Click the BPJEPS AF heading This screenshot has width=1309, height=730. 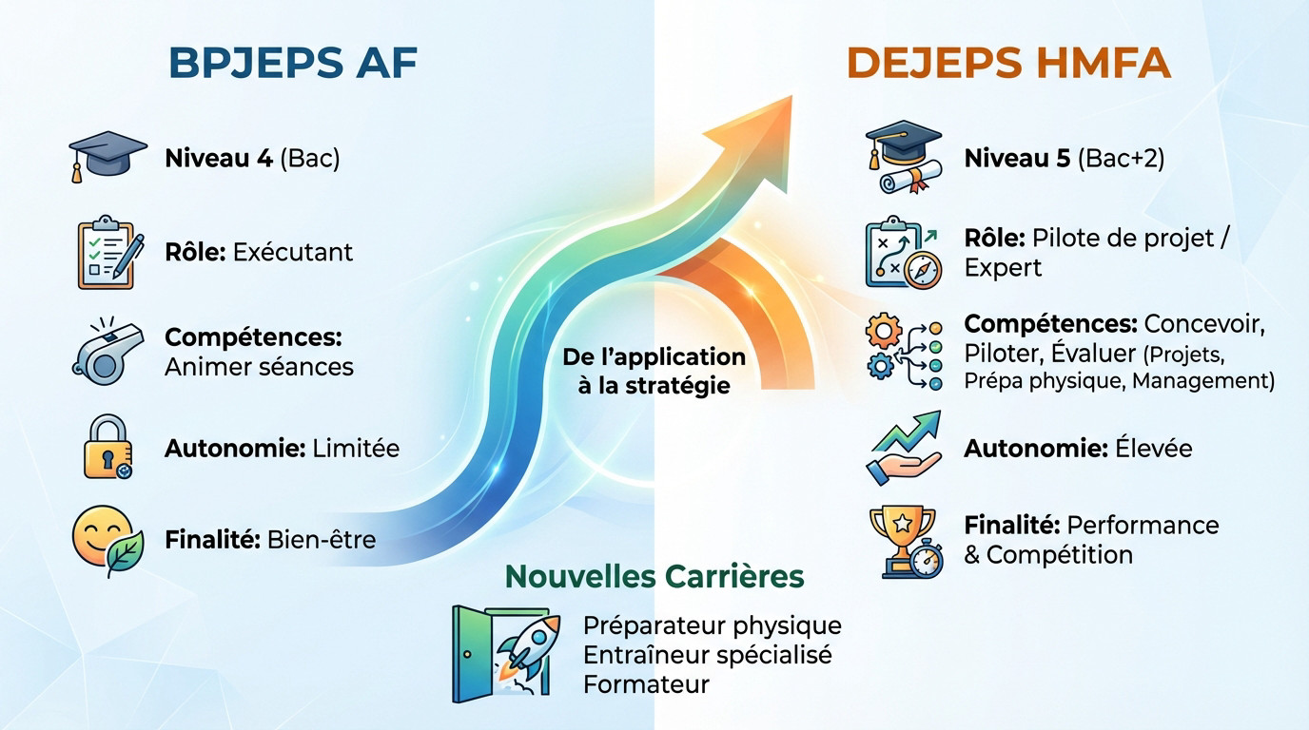click(293, 64)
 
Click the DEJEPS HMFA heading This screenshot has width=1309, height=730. click(1007, 64)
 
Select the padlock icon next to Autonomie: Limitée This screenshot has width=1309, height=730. click(107, 446)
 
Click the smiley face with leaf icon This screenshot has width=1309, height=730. click(107, 540)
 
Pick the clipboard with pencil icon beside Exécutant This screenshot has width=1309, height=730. click(107, 252)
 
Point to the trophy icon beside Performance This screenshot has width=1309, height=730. click(903, 541)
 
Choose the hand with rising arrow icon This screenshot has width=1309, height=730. click(903, 447)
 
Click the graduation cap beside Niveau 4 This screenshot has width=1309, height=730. click(107, 155)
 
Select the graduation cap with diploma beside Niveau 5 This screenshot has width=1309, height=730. click(903, 156)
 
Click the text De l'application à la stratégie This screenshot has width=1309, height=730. click(654, 372)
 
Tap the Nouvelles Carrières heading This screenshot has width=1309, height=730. click(654, 576)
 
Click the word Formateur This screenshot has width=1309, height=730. click(646, 684)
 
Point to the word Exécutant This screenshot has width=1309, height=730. click(292, 252)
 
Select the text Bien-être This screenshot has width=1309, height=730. click(322, 540)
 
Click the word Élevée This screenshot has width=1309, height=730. click(1150, 448)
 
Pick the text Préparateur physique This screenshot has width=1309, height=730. click(712, 625)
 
